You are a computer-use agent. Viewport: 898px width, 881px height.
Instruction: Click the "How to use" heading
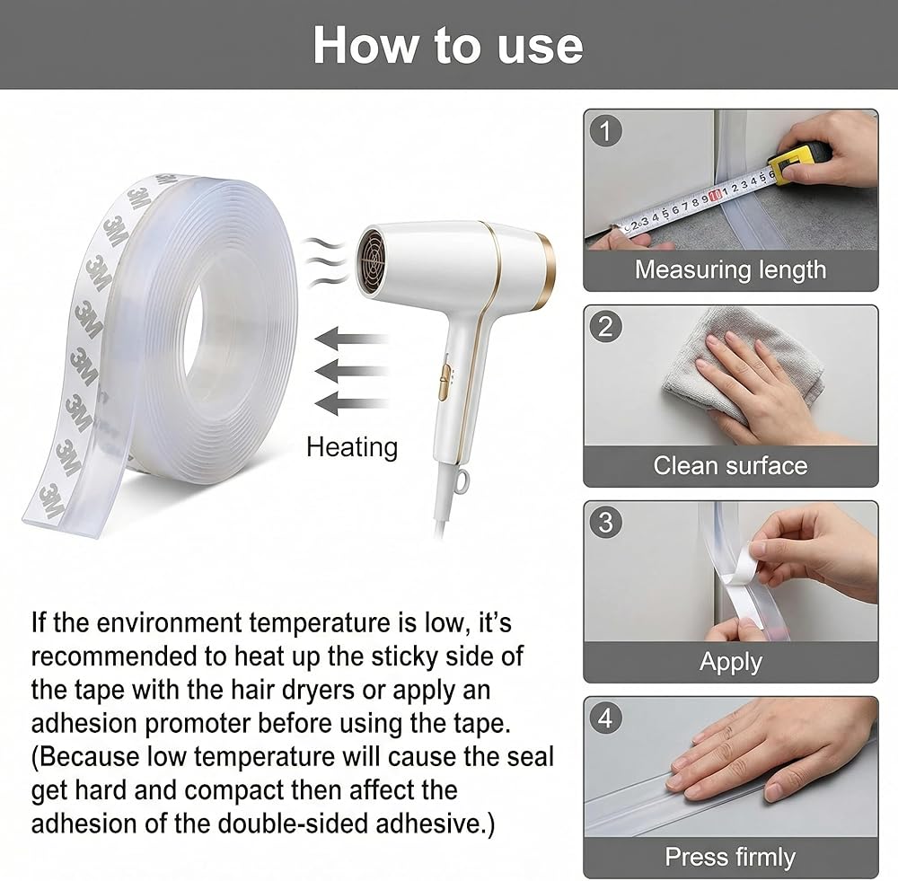[448, 45]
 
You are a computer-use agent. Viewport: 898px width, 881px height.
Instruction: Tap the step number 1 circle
[605, 131]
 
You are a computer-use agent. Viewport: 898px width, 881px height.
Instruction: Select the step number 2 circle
[605, 327]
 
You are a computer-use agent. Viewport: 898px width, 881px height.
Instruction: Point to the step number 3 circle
[605, 523]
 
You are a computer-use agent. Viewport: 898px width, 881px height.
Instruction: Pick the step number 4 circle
[605, 718]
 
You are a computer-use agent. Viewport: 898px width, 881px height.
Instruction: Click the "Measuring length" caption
[730, 269]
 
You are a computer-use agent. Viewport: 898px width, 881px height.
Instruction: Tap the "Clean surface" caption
[730, 466]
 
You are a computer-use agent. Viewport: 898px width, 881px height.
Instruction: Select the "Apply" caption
[731, 663]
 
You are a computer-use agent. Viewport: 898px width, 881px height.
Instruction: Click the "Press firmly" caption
[730, 858]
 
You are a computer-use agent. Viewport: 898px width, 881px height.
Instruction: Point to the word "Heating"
[352, 447]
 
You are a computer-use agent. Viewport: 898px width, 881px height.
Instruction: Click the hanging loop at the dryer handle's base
[462, 480]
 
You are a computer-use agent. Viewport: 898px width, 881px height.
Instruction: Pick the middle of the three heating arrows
[351, 372]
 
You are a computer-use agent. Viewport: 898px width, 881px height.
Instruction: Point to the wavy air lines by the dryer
[324, 261]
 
